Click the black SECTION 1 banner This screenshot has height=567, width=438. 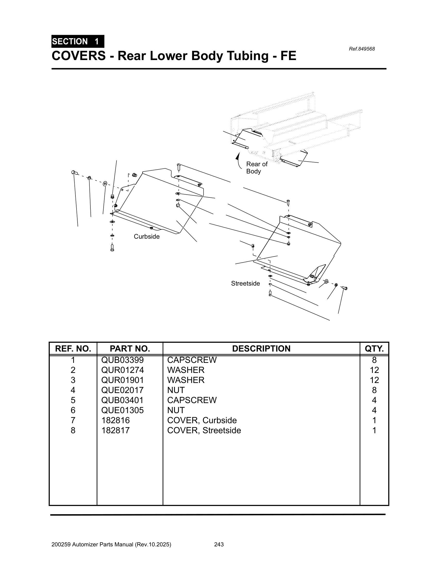coord(78,41)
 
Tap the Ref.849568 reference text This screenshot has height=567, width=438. coord(361,49)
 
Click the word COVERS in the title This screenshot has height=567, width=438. coord(79,56)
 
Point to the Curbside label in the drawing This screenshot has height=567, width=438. coord(147,237)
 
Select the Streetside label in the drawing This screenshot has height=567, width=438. coord(245,283)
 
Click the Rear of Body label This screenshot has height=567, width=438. coord(256,168)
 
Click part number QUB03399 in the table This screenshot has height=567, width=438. coord(122,360)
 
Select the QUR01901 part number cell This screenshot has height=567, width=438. coord(122,380)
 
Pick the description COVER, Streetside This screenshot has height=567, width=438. coord(204,430)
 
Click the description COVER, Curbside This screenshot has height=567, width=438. coord(202,420)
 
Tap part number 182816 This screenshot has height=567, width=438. coord(115,420)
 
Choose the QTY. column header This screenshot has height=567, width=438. coord(374,349)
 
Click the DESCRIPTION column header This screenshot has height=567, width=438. coord(261,349)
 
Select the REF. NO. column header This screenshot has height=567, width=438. coord(73,349)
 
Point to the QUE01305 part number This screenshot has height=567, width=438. coord(122,410)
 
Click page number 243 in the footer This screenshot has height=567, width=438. coord(219,544)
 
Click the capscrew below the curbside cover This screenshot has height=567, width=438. coord(112,248)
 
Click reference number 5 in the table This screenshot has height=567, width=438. coord(73,400)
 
